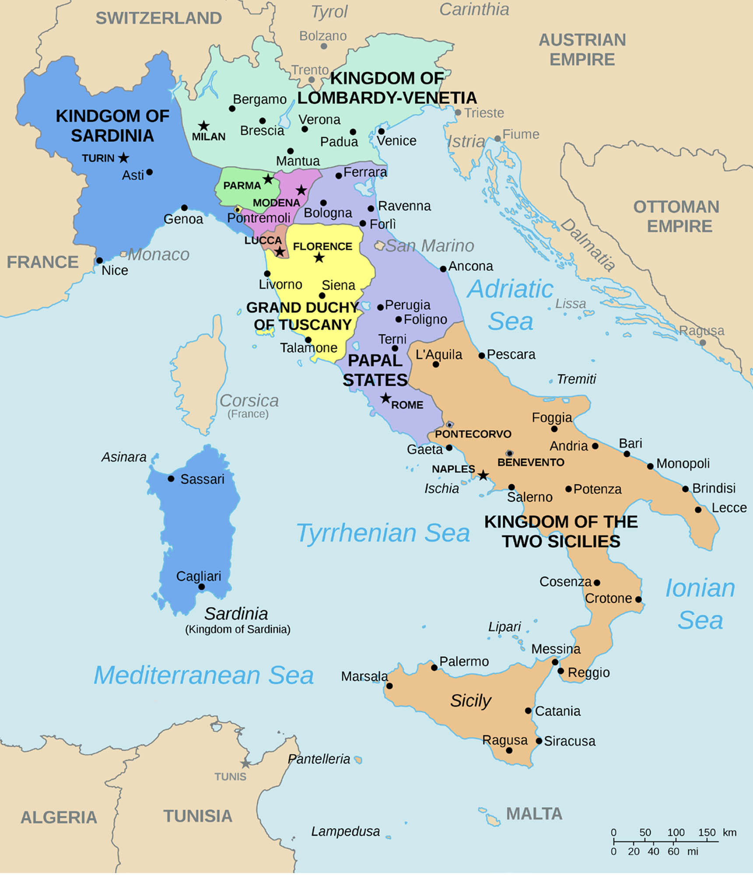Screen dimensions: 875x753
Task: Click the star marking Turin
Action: (x=124, y=157)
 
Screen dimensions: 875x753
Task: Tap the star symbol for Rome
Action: (x=385, y=398)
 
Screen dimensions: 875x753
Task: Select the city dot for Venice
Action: (x=381, y=131)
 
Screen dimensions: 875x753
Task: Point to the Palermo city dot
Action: (x=434, y=668)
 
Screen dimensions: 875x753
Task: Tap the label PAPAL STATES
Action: (x=375, y=370)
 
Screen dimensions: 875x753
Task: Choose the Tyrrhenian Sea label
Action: (x=383, y=533)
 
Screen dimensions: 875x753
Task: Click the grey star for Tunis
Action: (x=245, y=763)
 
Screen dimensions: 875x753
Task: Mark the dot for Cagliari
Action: (x=201, y=587)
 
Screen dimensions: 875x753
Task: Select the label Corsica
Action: (x=249, y=400)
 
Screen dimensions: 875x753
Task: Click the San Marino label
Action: (x=429, y=246)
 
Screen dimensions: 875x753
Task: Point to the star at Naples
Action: (x=483, y=475)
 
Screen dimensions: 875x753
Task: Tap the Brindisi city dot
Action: (x=685, y=489)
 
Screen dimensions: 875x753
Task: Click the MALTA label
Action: (x=534, y=814)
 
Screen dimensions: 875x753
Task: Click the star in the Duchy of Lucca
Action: (x=280, y=252)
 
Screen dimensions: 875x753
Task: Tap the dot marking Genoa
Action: (x=184, y=208)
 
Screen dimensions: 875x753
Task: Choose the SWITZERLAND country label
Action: (x=158, y=18)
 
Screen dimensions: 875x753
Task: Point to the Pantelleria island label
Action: (x=319, y=759)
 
